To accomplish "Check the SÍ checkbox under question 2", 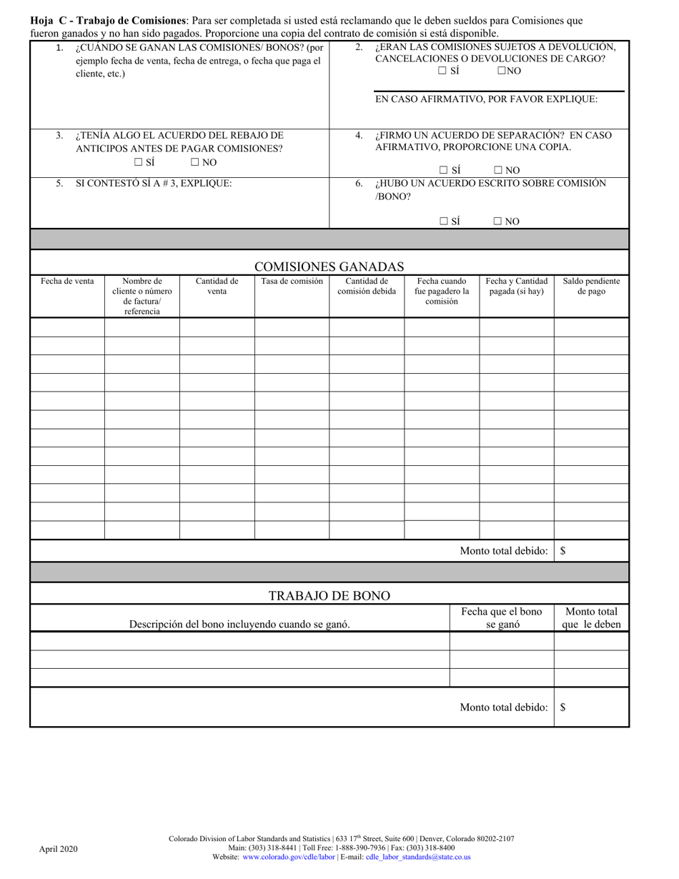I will (442, 71).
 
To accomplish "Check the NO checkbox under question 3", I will (194, 162).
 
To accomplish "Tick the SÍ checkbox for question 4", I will (444, 170).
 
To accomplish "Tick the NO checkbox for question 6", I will (497, 222).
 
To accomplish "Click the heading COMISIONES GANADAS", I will (329, 267).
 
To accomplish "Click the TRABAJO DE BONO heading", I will (329, 596).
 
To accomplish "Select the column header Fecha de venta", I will (67, 282).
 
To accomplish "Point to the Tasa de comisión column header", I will (292, 282).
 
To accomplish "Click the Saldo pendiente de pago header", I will (591, 287).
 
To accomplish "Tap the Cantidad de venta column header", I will (217, 287).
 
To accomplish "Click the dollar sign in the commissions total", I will (563, 551).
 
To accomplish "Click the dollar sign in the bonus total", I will (563, 707).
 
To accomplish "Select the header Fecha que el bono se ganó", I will (501, 617).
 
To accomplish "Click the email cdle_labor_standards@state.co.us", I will (418, 857).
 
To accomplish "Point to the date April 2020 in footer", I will (59, 849).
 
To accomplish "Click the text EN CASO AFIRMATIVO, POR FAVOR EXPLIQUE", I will (486, 99).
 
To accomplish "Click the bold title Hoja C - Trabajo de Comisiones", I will (108, 21).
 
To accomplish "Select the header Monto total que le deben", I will (591, 617).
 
